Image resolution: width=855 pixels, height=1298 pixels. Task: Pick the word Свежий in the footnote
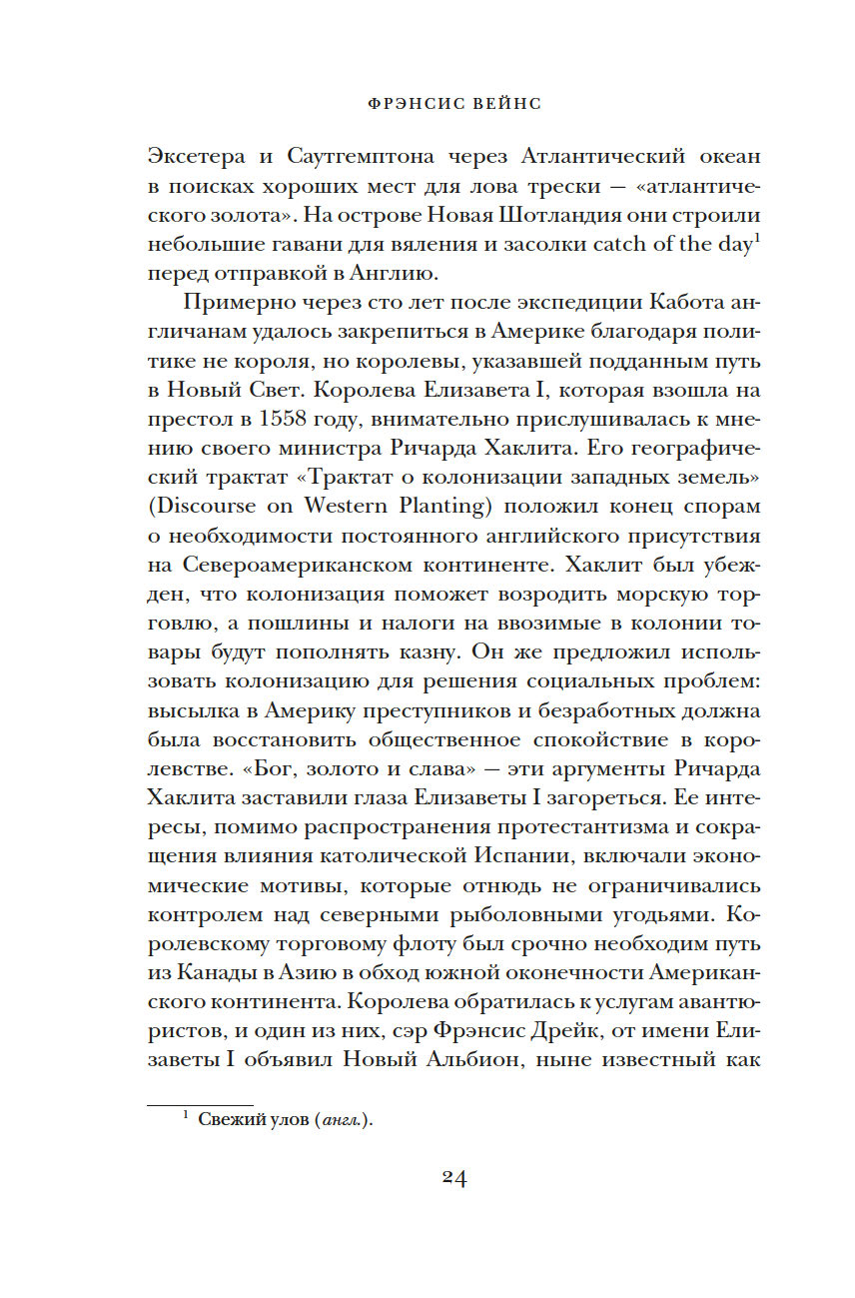click(x=226, y=1120)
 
